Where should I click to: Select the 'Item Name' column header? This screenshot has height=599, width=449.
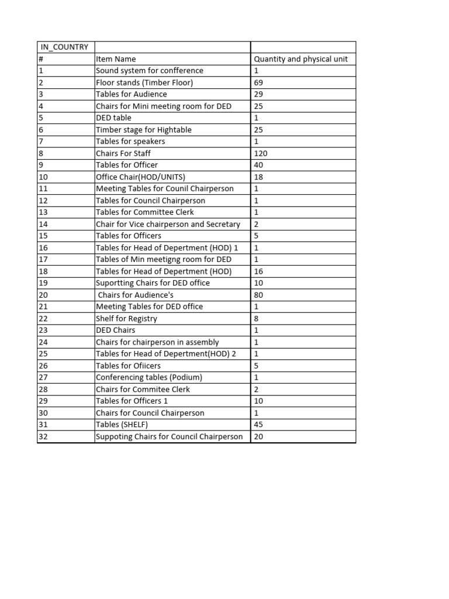pos(116,58)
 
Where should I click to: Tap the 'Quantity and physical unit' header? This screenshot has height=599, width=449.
pos(301,58)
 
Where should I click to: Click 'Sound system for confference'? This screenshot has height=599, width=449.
pos(150,71)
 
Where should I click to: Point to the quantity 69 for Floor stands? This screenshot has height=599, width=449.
pos(258,82)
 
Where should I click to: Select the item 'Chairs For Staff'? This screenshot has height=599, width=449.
pos(123,153)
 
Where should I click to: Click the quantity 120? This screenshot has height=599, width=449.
pos(260,153)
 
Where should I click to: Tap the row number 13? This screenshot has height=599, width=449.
pos(43,212)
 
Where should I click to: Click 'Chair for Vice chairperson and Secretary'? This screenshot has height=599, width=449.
pos(168,224)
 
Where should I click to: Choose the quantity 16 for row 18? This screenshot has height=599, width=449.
pos(258,271)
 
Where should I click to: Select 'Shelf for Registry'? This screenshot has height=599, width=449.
pos(126,319)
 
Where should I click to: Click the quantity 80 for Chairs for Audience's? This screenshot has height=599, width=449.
pos(258,295)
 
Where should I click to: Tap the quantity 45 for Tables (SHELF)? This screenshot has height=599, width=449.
pos(258,425)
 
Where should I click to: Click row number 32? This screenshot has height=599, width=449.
pos(43,436)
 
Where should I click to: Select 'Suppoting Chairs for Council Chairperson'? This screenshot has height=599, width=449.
pos(169,436)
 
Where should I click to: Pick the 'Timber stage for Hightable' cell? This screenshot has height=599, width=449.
pos(143,130)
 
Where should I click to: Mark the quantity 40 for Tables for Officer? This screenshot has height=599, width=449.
pos(258,165)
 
